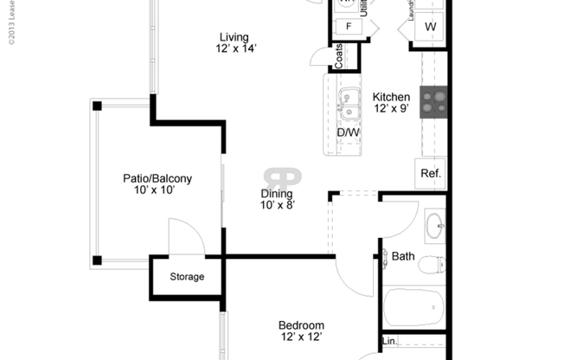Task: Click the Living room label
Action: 234,37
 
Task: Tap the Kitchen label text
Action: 391,97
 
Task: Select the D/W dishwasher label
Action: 348,132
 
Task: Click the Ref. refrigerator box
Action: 431,173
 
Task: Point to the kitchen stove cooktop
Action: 433,101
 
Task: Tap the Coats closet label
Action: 339,57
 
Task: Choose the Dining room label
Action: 277,194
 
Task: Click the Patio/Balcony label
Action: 157,179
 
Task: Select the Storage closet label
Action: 187,277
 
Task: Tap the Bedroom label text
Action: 302,325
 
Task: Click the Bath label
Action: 403,256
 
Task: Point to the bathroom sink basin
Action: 433,227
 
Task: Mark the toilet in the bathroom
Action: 431,264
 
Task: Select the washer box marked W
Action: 430,27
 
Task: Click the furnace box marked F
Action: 349,26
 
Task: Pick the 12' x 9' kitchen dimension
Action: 391,109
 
